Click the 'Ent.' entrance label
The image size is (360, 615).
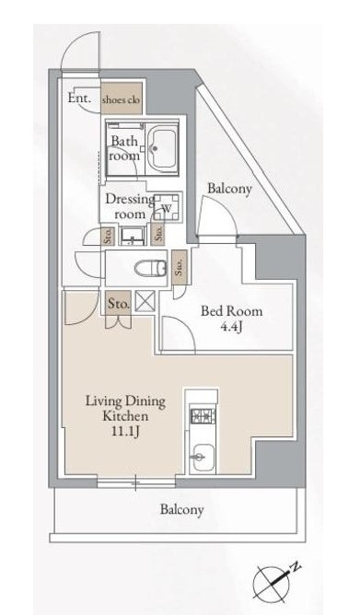tap(78, 98)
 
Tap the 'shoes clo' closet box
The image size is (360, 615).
tap(122, 99)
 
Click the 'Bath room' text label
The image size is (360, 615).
tap(124, 148)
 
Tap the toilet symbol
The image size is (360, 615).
tap(145, 269)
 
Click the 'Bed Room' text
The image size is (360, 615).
tap(227, 310)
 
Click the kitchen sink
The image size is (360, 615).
tap(202, 456)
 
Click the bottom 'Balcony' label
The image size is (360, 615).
tap(181, 509)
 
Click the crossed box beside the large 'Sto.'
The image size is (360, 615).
tap(144, 301)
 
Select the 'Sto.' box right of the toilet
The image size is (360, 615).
tap(180, 268)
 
